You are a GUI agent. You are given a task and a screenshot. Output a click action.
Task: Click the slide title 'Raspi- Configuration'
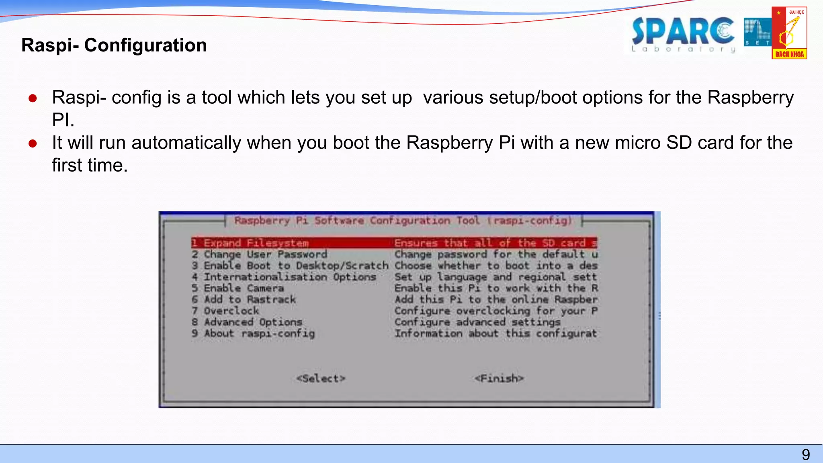tap(114, 45)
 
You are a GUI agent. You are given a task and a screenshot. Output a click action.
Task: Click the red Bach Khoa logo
tap(789, 33)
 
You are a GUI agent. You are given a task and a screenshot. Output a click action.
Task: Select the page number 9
tap(806, 455)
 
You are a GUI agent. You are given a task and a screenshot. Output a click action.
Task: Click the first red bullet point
tap(33, 98)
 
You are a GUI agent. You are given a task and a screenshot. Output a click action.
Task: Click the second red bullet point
tap(33, 143)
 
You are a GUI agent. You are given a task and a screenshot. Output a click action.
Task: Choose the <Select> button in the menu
tap(321, 379)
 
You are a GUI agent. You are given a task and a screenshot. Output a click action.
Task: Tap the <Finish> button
tap(499, 379)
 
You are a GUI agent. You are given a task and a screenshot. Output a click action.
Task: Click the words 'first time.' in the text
tap(90, 165)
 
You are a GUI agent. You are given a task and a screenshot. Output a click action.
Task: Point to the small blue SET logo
tap(757, 32)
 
